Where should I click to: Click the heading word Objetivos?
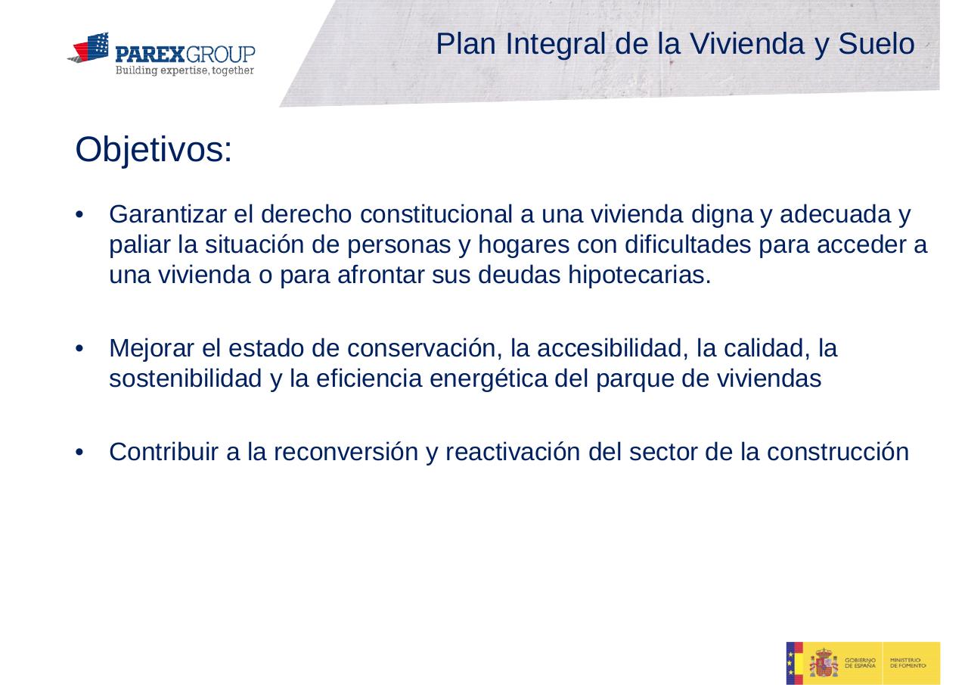coord(153,151)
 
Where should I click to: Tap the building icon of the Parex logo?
coord(90,48)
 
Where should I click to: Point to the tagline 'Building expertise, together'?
coord(185,70)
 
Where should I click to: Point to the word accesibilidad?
coord(611,349)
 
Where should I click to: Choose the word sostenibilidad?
coord(186,379)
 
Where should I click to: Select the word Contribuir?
coord(165,452)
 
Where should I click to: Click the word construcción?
coord(837,452)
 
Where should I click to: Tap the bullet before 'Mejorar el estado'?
coord(80,350)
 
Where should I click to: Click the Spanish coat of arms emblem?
coord(824,664)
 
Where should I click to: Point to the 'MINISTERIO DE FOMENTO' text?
coord(907,663)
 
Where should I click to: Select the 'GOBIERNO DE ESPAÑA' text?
coord(861,663)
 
